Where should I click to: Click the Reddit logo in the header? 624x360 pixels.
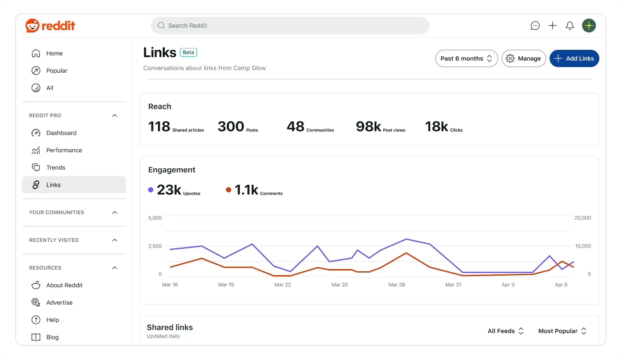50,26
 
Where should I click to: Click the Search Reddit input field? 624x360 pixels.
290,26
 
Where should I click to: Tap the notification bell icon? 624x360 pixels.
570,26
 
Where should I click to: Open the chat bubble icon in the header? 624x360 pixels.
535,26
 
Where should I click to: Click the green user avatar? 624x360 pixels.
589,26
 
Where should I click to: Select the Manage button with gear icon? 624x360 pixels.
524,58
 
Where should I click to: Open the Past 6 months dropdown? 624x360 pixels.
466,58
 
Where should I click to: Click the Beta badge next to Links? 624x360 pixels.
188,52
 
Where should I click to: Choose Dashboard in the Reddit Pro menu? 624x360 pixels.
61,133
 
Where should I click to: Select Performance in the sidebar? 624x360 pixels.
64,150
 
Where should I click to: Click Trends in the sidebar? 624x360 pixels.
56,167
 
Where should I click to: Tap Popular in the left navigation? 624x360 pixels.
57,71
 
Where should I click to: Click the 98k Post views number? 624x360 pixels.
368,126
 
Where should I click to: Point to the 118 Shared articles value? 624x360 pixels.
159,126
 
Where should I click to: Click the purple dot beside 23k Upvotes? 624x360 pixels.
151,190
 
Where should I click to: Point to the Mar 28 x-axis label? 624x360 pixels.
397,285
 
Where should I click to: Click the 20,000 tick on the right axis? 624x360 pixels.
582,218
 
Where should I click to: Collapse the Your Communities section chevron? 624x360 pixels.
115,212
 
